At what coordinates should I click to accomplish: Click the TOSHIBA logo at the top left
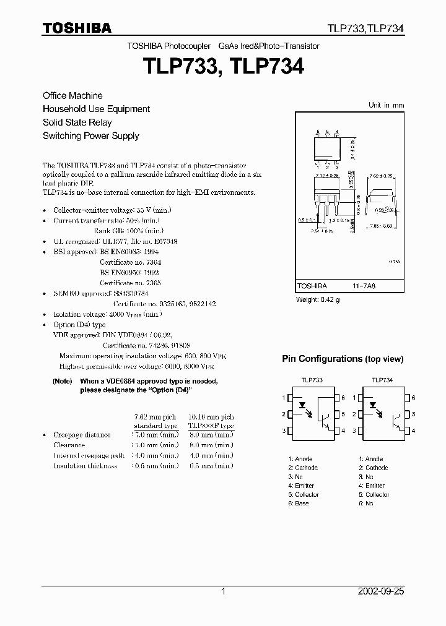click(77, 28)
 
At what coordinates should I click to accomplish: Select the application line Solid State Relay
click(77, 122)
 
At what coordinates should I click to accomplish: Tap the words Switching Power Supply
click(90, 136)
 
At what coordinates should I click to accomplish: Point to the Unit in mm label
click(386, 105)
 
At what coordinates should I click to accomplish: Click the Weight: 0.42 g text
click(318, 300)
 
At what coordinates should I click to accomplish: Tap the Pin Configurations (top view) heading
click(343, 359)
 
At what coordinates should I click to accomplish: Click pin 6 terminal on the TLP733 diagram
click(334, 398)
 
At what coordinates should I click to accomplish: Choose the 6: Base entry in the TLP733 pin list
click(298, 504)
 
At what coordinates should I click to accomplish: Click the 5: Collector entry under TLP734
click(374, 495)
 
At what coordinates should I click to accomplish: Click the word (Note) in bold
click(63, 382)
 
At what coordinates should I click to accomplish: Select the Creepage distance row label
click(82, 435)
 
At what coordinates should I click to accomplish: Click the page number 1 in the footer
click(222, 591)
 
